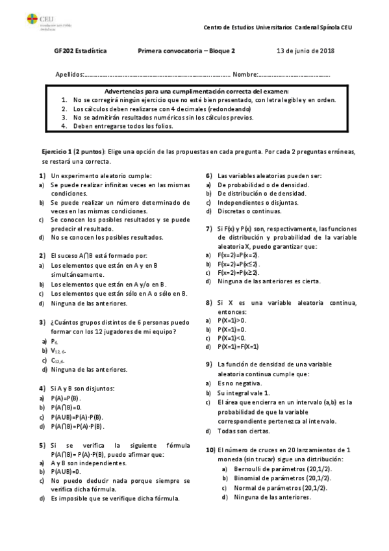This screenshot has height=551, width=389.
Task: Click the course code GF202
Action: (x=64, y=51)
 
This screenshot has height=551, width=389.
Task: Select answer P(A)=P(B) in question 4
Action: (x=65, y=398)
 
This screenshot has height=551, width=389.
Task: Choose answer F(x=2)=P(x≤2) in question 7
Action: (x=238, y=264)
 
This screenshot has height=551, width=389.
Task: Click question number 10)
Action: (x=210, y=450)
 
